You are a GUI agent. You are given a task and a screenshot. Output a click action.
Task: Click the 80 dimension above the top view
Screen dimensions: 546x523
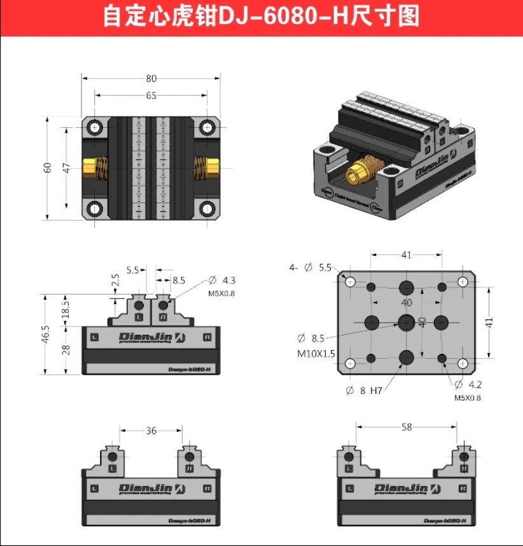coord(151,79)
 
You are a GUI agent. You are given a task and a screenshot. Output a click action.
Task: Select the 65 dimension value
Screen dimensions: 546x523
coord(151,95)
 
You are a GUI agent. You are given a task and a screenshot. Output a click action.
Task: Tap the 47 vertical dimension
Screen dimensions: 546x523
coord(66,168)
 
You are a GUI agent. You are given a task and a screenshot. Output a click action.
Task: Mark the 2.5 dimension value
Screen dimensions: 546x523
coord(115,281)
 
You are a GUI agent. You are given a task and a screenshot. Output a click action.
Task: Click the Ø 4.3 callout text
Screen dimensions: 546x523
coord(222,280)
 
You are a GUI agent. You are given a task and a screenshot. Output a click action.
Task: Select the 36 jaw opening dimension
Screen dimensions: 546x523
coord(151,431)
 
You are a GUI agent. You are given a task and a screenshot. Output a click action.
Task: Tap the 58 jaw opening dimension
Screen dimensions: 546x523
coord(406,427)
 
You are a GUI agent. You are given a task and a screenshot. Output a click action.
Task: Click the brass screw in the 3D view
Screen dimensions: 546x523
coord(359,172)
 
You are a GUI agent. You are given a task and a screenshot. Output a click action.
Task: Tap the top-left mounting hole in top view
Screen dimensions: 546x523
coord(95,127)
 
